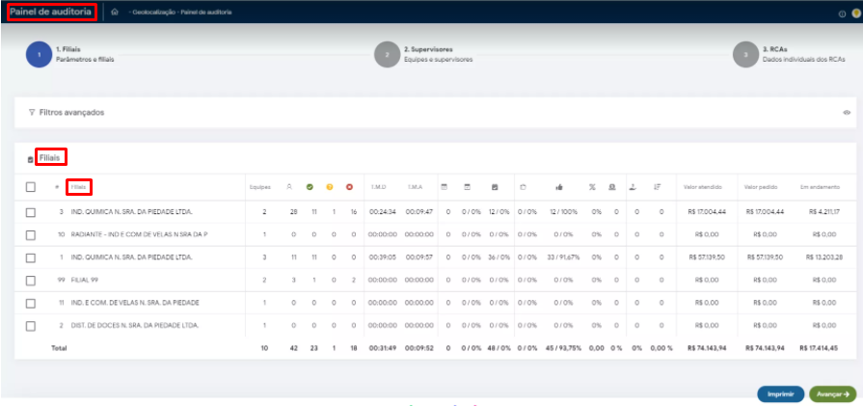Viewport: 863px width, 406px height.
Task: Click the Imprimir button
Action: [780, 393]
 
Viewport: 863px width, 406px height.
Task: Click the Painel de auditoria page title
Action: [51, 12]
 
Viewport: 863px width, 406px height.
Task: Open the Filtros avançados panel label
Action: [71, 112]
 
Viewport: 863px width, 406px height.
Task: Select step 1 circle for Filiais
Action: [40, 55]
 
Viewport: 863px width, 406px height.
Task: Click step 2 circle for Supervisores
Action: [387, 55]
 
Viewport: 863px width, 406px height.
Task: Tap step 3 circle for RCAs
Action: [745, 55]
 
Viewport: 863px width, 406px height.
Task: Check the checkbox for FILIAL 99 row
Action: [31, 280]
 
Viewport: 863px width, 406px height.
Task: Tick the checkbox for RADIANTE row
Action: [31, 234]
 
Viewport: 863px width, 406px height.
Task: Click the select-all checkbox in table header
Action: [31, 187]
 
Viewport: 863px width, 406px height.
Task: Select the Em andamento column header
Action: [820, 187]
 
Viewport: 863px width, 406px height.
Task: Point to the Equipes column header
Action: [259, 187]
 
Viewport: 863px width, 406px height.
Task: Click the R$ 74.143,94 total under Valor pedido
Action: [765, 347]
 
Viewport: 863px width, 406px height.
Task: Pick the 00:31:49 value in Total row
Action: [383, 347]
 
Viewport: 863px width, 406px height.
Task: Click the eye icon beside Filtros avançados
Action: [847, 112]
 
